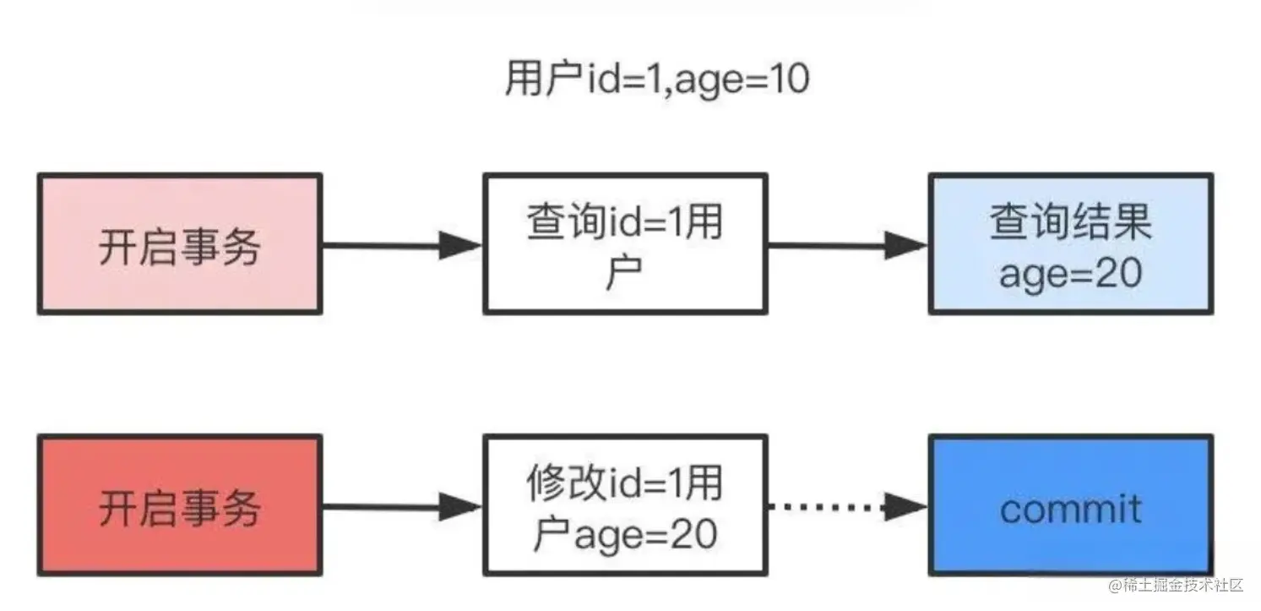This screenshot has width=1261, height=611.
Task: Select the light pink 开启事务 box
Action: [179, 244]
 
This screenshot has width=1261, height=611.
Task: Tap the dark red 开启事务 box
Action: [179, 506]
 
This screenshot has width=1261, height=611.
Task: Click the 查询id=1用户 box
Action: [625, 244]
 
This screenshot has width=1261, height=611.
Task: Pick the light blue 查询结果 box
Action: [1070, 244]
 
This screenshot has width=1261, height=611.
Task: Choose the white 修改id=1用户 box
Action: [625, 506]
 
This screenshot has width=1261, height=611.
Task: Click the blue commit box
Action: [1070, 506]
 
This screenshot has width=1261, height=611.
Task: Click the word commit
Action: [1070, 508]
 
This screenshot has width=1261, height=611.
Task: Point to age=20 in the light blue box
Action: [1070, 274]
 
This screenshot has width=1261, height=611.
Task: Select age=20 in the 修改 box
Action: [645, 534]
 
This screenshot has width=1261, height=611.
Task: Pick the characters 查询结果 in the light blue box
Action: [1070, 223]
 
